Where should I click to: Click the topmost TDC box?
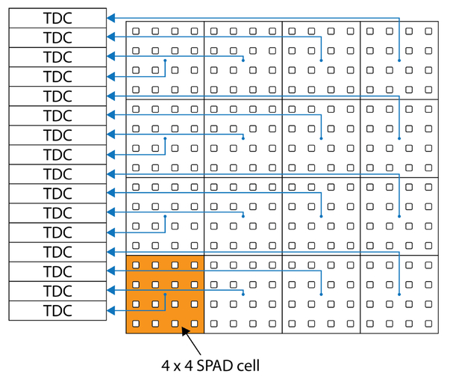[x=57, y=18]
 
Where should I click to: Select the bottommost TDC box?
[x=57, y=310]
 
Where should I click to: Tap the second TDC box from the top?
[x=57, y=37]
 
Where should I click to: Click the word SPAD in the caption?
[x=215, y=366]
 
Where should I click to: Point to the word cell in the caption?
[x=248, y=366]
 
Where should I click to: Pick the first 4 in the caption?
[x=166, y=366]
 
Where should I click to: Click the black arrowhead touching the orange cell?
[x=185, y=332]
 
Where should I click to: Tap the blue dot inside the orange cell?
[x=166, y=295]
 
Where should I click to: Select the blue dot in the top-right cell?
[x=399, y=61]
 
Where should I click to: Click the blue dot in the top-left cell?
[x=166, y=61]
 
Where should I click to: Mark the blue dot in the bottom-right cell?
[x=399, y=295]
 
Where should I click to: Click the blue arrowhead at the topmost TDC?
[x=110, y=18]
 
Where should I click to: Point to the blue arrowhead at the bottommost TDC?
[x=110, y=310]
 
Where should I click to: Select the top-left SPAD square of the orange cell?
[x=136, y=265]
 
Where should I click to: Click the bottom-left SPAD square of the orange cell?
[x=136, y=324]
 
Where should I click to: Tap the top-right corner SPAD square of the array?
[x=428, y=31]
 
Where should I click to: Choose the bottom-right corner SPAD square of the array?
[x=428, y=324]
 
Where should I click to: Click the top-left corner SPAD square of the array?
[x=136, y=31]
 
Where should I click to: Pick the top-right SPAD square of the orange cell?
[x=194, y=265]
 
